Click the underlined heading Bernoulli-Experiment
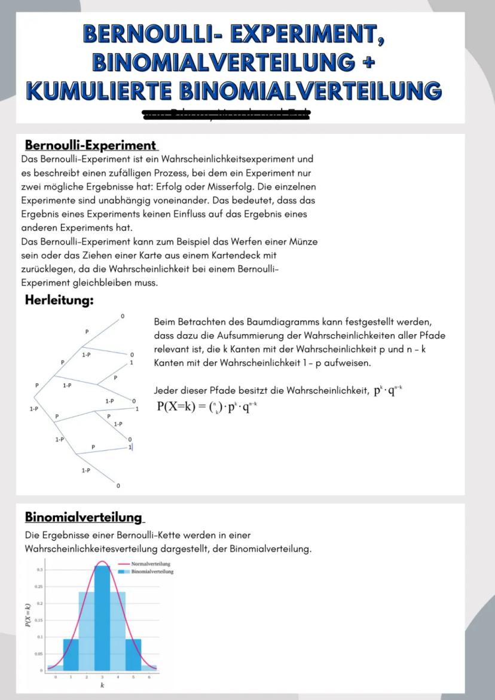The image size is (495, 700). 90,145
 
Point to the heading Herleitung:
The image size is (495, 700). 59,300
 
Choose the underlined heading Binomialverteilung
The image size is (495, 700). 84,516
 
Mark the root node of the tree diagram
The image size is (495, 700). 34,396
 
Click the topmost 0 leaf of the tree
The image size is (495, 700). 122,315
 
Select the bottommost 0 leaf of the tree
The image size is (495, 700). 118,485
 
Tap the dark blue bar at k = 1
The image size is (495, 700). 71,654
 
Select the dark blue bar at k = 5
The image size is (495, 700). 133,654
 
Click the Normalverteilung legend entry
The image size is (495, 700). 150,564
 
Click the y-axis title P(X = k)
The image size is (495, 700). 28,616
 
